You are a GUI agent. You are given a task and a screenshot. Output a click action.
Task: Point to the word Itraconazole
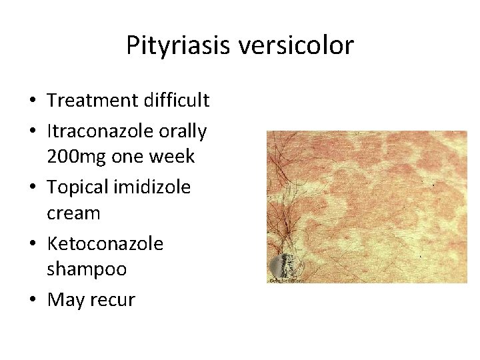pos(99,131)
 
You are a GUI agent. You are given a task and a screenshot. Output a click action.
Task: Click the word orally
pos(181,131)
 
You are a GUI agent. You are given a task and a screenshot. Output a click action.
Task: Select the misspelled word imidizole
pos(153,187)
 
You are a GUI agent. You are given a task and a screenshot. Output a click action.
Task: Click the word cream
pos(73,214)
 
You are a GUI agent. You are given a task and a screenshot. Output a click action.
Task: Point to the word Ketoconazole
pos(105,244)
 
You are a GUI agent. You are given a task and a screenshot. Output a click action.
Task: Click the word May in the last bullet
pos(65,301)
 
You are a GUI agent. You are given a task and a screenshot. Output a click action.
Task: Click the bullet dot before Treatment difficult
pos(33,101)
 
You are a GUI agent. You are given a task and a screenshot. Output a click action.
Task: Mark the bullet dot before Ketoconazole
pos(33,245)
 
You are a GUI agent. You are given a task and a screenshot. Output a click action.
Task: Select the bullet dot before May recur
pos(33,301)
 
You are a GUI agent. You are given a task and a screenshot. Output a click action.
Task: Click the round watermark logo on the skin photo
pos(287,267)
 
